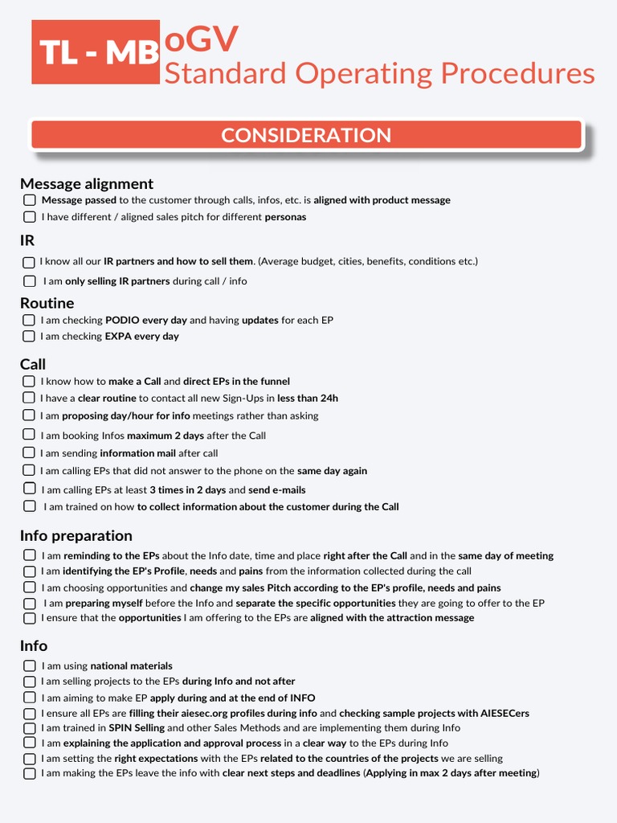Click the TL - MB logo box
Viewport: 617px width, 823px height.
pos(96,52)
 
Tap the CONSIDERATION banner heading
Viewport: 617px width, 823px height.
pos(306,135)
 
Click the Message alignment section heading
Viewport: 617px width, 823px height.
pos(87,183)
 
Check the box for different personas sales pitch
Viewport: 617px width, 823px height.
pos(30,217)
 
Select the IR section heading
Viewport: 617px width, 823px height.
pos(27,240)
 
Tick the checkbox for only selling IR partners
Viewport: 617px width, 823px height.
pos(30,281)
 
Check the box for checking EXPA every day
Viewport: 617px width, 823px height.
pos(30,336)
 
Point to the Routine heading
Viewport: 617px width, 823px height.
pos(47,303)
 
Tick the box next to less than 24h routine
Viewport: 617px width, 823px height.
pos(30,398)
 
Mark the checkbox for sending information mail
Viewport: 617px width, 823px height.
pos(30,453)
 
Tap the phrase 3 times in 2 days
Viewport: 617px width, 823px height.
pos(187,489)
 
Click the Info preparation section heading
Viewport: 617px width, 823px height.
pos(76,535)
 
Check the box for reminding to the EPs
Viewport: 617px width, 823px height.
pos(30,555)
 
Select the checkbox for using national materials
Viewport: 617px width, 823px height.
pos(30,665)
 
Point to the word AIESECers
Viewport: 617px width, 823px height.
pos(505,713)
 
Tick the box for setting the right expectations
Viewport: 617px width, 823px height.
pos(30,759)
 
